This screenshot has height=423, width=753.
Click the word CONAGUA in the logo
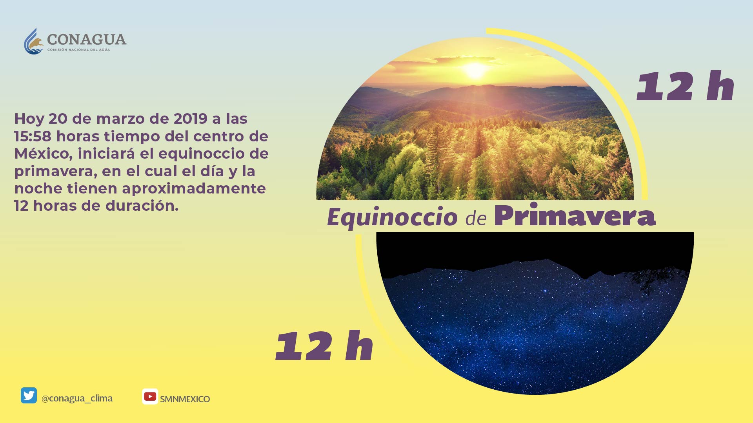point(87,40)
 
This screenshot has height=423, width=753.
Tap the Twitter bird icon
point(29,396)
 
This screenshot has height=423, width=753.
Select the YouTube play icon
point(150,396)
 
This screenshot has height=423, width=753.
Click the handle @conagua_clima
point(77,398)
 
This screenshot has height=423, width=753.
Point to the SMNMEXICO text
point(185,399)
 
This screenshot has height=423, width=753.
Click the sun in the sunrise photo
point(475,70)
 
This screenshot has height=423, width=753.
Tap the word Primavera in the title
point(575,215)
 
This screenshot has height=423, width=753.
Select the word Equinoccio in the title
point(393,217)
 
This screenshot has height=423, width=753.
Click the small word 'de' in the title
point(476,218)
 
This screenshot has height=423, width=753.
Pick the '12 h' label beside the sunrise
point(685,86)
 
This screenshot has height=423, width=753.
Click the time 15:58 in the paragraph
point(33,136)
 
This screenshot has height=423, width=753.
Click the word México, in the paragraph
point(44,154)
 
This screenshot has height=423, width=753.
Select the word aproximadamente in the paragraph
point(194,189)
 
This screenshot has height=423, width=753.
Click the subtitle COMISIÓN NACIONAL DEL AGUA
point(78,50)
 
